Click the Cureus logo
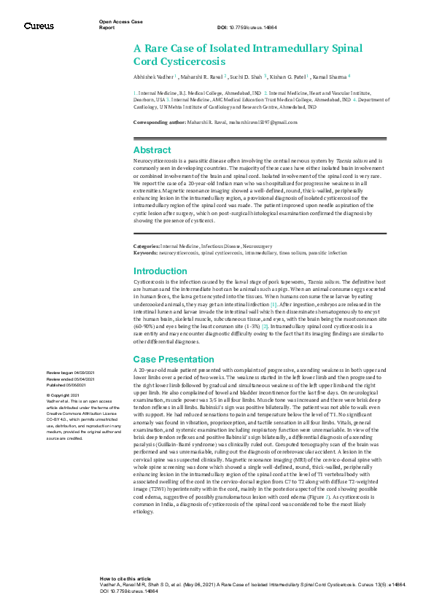point(39,26)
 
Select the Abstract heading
point(152,149)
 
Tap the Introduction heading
point(160,271)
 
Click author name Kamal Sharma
point(330,76)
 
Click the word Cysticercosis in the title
point(191,61)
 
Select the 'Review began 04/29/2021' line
point(70,373)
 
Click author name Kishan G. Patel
point(288,76)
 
